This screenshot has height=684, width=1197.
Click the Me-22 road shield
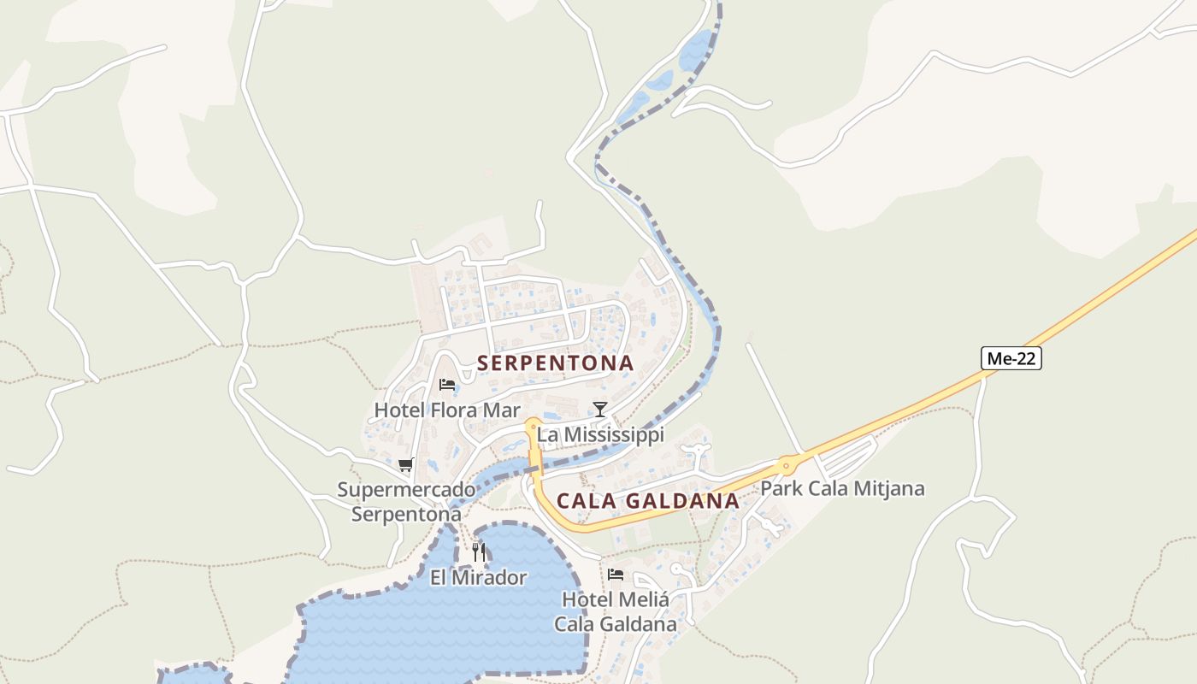coord(1011,358)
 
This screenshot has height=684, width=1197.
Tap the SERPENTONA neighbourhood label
coord(556,363)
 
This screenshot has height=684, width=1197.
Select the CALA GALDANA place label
coord(648,501)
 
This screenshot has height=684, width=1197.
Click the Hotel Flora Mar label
coord(447,410)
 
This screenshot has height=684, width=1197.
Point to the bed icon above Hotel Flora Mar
coord(446,385)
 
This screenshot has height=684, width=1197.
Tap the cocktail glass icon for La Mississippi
coord(600,410)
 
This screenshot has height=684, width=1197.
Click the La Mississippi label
coord(600,435)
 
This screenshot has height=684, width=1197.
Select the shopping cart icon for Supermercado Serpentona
coord(406,465)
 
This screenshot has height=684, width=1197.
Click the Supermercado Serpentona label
coord(406,502)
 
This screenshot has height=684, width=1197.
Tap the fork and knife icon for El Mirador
coord(479,552)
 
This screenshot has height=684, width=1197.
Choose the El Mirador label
coord(479,578)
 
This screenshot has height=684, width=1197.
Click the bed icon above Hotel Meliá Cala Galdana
coord(616,575)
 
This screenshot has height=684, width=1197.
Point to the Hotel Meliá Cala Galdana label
coord(616,611)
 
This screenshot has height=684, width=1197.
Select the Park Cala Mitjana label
coord(842,489)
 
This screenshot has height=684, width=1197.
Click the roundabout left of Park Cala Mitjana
coord(786,466)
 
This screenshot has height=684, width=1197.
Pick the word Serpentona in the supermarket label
coord(406,515)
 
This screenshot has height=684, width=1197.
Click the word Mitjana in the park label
coord(888,489)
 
